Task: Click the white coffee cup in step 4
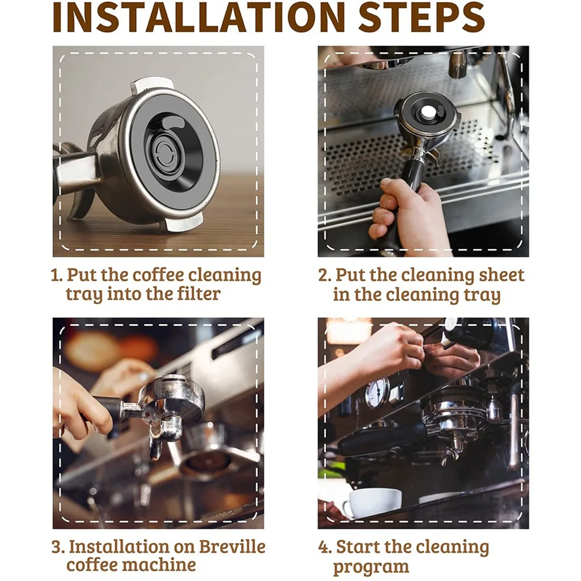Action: pos(373,502)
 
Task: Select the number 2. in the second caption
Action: pos(324,275)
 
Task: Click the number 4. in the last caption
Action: pos(325,547)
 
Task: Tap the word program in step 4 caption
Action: pos(371,567)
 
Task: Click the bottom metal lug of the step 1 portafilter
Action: pos(182,223)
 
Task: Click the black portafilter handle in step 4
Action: pos(380,436)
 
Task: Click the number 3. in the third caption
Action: pos(58,547)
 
